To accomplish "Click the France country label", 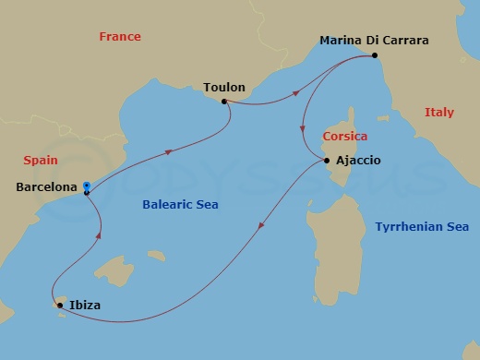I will (x=120, y=37).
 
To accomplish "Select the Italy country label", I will (x=439, y=113).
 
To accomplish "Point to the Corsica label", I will (x=344, y=137).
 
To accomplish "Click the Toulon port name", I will (x=224, y=88).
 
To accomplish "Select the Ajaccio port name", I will (x=359, y=161).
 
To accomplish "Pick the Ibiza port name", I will (x=84, y=305).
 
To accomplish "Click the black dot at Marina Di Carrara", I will (x=375, y=55).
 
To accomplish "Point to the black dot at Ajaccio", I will (x=328, y=161).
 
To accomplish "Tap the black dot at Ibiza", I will (x=60, y=305).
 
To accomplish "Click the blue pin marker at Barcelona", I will (x=86, y=186).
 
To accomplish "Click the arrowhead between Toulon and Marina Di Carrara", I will (x=294, y=91).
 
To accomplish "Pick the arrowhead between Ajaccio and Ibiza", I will (x=263, y=221).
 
